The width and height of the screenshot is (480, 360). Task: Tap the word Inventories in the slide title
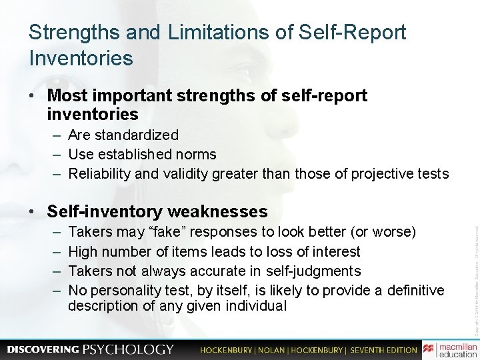point(81,58)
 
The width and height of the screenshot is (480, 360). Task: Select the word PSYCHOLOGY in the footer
point(128,349)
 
